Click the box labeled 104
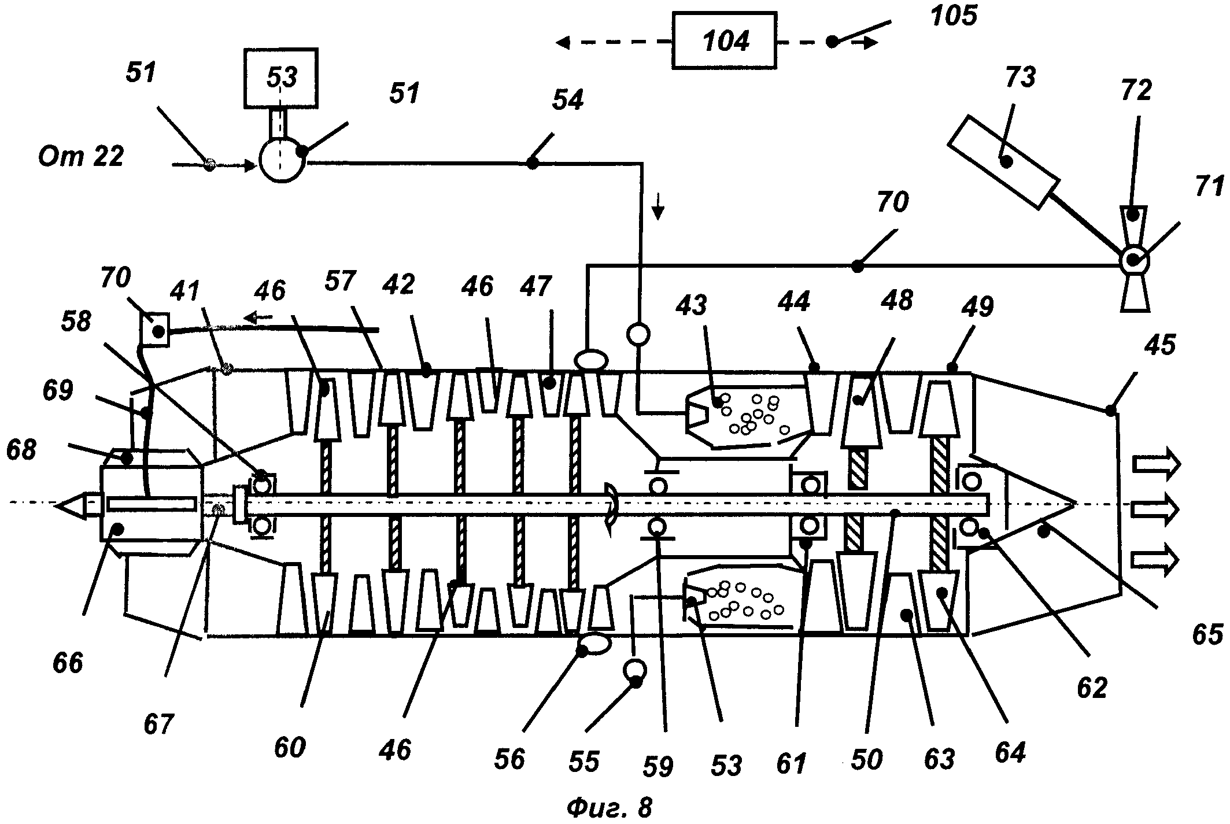(725, 40)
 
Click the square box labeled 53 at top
(281, 77)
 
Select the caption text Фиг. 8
(608, 807)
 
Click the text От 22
(81, 156)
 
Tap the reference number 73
(1020, 77)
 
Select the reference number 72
(1136, 91)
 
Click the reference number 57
(340, 281)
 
